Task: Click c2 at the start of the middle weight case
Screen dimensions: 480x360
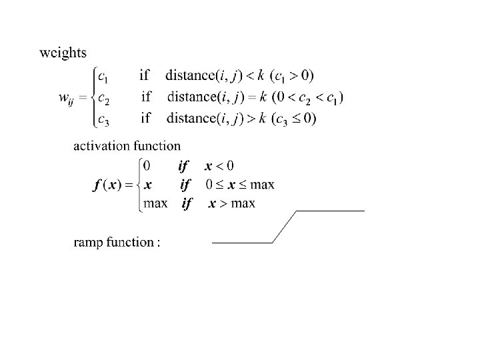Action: point(103,97)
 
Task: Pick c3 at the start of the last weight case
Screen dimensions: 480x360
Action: point(103,119)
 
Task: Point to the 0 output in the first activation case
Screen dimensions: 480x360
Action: point(147,165)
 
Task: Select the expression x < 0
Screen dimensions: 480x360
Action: point(219,165)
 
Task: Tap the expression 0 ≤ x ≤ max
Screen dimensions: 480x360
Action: point(239,185)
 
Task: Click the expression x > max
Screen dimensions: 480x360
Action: point(231,203)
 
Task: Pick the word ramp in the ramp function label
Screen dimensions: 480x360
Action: point(87,242)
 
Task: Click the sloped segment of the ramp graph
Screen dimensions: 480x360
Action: point(284,227)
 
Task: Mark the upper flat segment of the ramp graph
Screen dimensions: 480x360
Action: point(330,211)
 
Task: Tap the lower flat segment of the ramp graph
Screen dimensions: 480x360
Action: point(242,243)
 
